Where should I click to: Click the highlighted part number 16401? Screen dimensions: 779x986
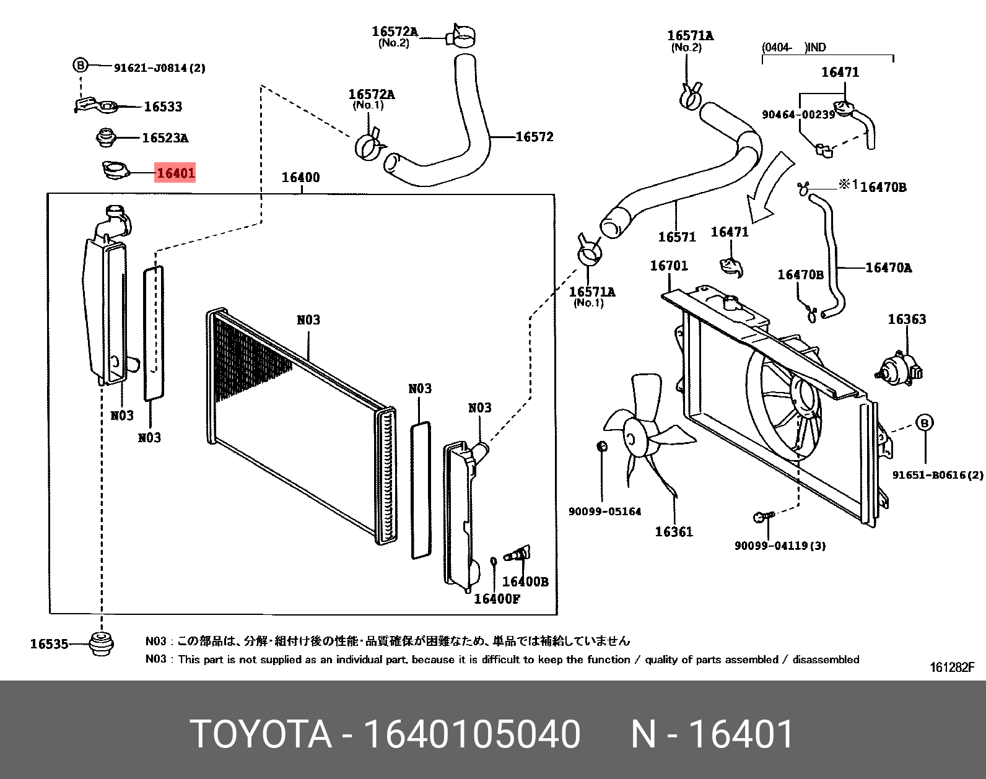pyautogui.click(x=175, y=173)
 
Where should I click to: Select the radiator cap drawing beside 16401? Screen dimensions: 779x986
pyautogui.click(x=115, y=170)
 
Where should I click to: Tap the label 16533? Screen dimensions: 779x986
pyautogui.click(x=163, y=107)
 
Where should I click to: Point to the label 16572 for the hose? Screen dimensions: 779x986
pyautogui.click(x=534, y=137)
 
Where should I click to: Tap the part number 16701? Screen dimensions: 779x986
pyautogui.click(x=668, y=265)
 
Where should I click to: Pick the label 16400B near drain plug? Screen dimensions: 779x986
pyautogui.click(x=525, y=581)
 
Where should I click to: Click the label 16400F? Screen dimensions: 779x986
pyautogui.click(x=497, y=598)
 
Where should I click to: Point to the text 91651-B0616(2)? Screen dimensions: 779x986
pyautogui.click(x=937, y=475)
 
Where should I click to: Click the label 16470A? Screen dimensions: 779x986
pyautogui.click(x=888, y=268)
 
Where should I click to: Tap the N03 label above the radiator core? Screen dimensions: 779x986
pyautogui.click(x=308, y=320)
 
